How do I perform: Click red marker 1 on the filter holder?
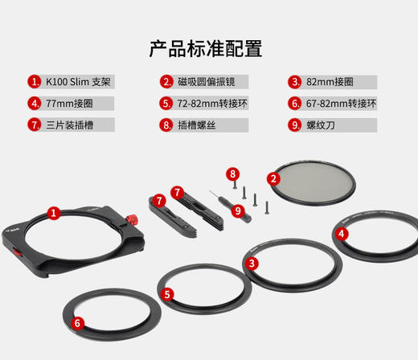tap(53, 213)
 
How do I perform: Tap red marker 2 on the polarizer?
tap(273, 179)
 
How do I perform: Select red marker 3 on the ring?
tap(252, 263)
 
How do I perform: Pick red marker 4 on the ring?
tap(342, 234)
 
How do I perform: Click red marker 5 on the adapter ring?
tap(167, 294)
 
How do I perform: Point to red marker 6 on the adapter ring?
tap(77, 323)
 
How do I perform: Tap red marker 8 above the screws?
tap(232, 173)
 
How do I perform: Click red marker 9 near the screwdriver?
tap(237, 211)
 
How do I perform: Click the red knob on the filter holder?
tap(131, 220)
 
